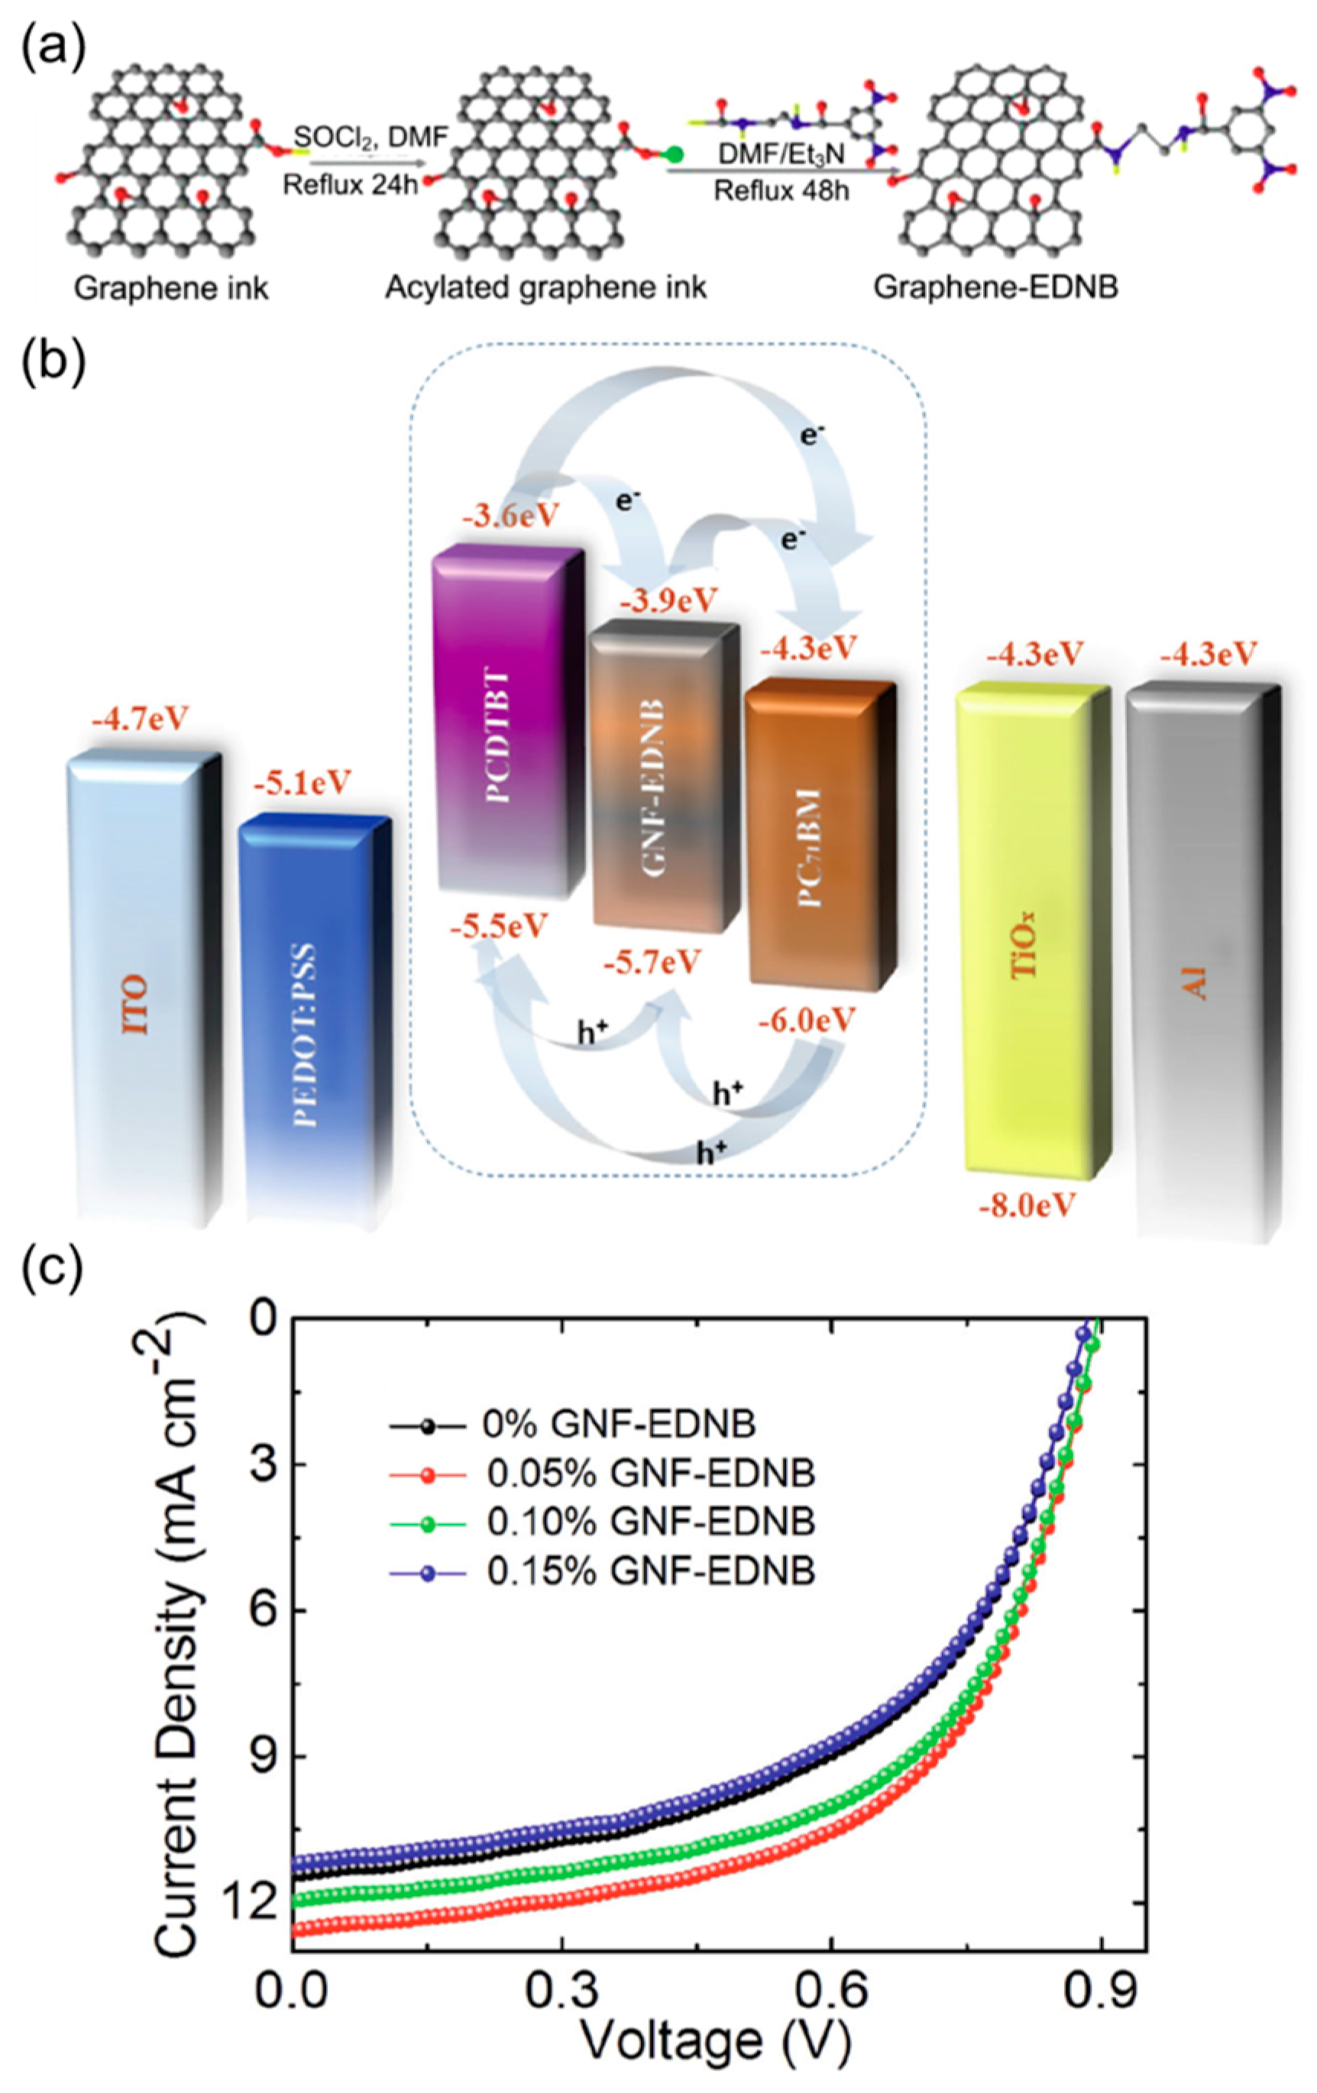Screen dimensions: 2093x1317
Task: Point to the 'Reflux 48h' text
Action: click(781, 190)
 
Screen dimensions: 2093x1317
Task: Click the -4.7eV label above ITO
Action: click(139, 720)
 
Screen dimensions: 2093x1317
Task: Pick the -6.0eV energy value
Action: click(807, 1021)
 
